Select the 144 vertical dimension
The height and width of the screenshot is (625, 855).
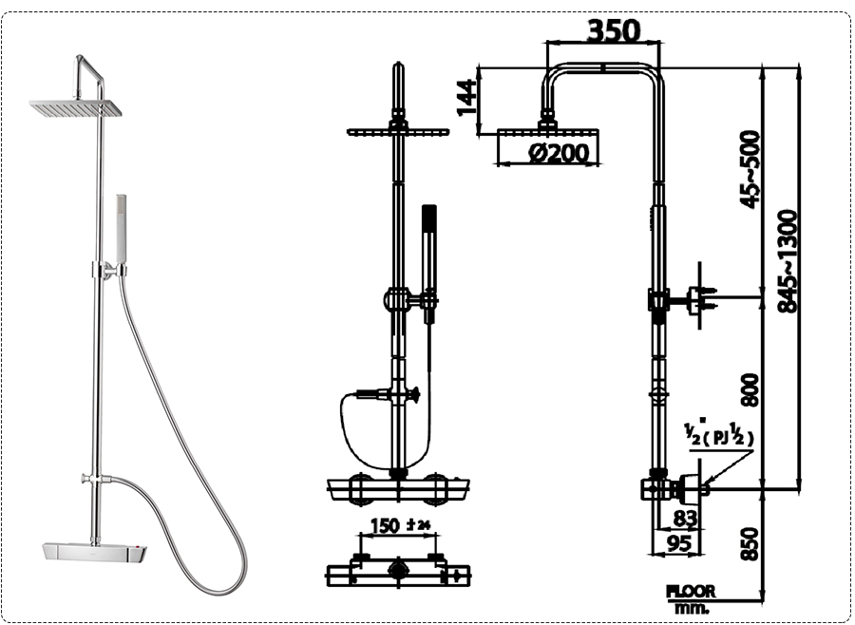click(466, 97)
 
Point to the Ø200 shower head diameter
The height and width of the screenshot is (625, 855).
click(558, 153)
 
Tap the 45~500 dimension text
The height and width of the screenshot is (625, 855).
click(750, 169)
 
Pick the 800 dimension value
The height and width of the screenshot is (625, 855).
click(750, 390)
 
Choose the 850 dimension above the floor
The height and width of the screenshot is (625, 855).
click(750, 542)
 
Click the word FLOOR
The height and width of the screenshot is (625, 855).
click(691, 591)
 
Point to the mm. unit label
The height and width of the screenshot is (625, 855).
click(691, 607)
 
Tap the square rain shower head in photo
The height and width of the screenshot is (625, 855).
click(76, 108)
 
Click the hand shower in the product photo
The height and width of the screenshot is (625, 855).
click(121, 228)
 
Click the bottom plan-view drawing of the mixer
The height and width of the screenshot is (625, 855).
click(397, 572)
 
